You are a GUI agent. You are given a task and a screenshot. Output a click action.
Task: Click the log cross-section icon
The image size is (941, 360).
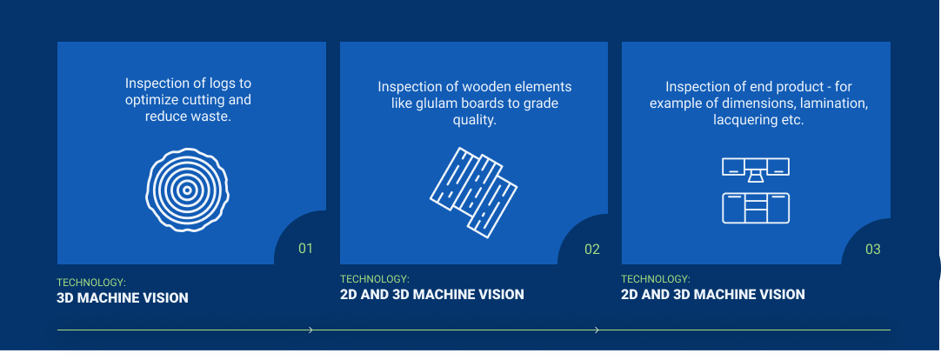coord(187,189)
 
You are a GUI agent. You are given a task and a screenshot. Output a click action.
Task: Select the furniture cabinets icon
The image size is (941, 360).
coord(755,190)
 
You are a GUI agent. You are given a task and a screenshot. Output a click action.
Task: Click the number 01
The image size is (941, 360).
coord(305,249)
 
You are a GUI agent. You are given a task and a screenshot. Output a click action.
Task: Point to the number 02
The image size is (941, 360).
coord(592,250)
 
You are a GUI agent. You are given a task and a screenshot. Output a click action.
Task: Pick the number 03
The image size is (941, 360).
coord(873,250)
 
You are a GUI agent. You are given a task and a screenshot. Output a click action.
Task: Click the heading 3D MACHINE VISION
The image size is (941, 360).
coord(122,298)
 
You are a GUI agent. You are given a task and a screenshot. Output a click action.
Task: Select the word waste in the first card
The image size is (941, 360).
coord(211,116)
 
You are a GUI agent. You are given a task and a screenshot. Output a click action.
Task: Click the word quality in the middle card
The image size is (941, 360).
coord(473,120)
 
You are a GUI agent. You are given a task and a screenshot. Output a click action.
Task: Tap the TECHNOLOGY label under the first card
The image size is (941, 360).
coord(91,283)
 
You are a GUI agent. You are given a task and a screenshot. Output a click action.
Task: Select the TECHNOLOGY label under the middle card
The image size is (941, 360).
coord(374,279)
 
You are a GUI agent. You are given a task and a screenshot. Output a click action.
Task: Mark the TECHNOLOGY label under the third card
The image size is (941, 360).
coord(656,279)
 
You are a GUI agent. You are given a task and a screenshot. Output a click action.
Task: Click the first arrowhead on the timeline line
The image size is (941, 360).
coord(310,330)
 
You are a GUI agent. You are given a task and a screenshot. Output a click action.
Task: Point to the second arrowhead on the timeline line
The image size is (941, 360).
coord(597,330)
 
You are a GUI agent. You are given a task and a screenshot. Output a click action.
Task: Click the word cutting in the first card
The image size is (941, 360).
coord(205,99)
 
